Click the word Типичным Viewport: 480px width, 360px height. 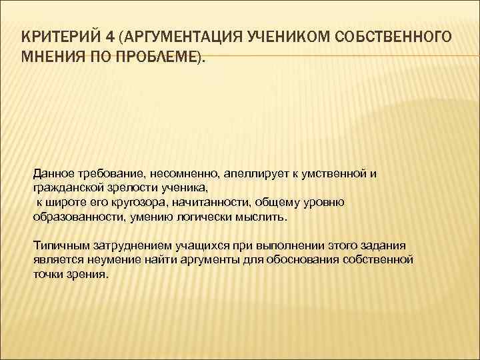(58, 245)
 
